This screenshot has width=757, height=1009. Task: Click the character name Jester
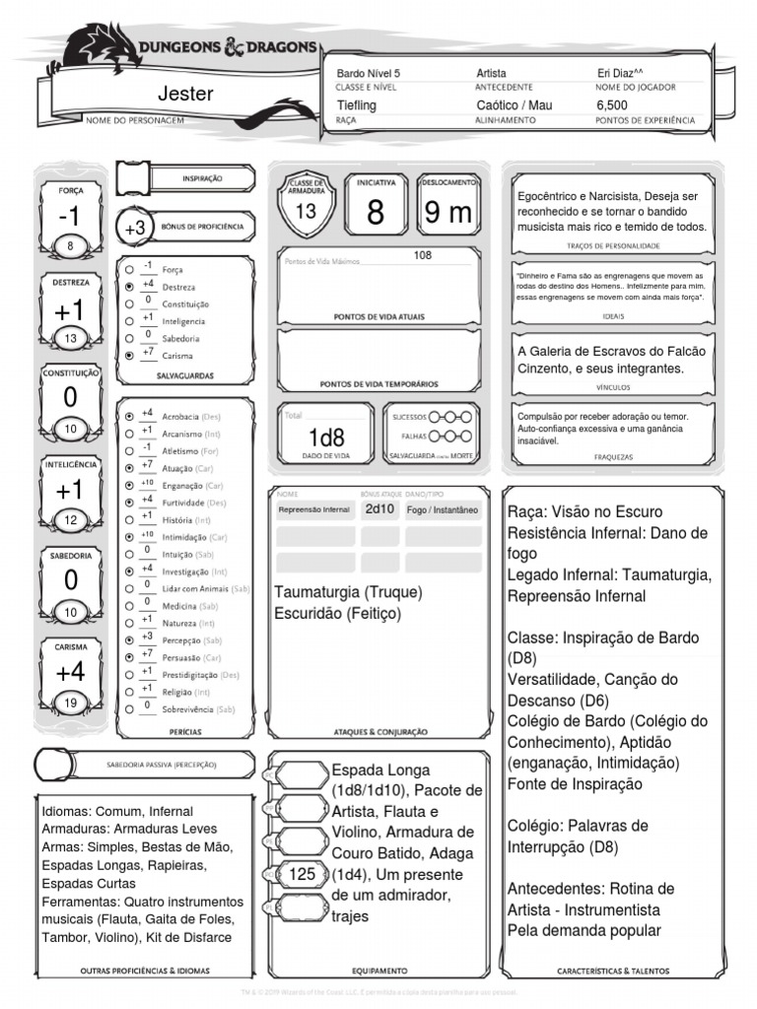(x=185, y=94)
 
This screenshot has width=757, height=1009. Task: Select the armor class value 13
(x=306, y=211)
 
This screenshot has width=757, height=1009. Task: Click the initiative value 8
(x=376, y=213)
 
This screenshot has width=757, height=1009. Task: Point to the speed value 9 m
(x=447, y=213)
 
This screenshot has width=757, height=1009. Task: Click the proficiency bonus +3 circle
(x=135, y=228)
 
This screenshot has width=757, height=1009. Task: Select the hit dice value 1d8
(x=326, y=437)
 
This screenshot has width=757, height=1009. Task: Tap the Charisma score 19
(x=70, y=703)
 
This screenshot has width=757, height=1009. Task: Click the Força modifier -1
(x=70, y=217)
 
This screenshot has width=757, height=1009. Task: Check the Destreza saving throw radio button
(x=129, y=286)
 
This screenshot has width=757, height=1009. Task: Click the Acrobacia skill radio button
(x=129, y=417)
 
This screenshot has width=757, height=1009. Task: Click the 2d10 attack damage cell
(x=379, y=509)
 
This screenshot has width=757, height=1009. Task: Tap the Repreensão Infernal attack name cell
(x=314, y=510)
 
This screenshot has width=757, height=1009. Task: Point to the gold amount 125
(x=302, y=873)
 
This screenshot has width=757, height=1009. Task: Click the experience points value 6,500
(x=612, y=104)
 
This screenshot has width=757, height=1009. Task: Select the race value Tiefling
(x=357, y=104)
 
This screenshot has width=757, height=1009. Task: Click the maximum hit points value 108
(x=423, y=255)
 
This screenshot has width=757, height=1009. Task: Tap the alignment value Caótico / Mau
(x=515, y=104)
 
